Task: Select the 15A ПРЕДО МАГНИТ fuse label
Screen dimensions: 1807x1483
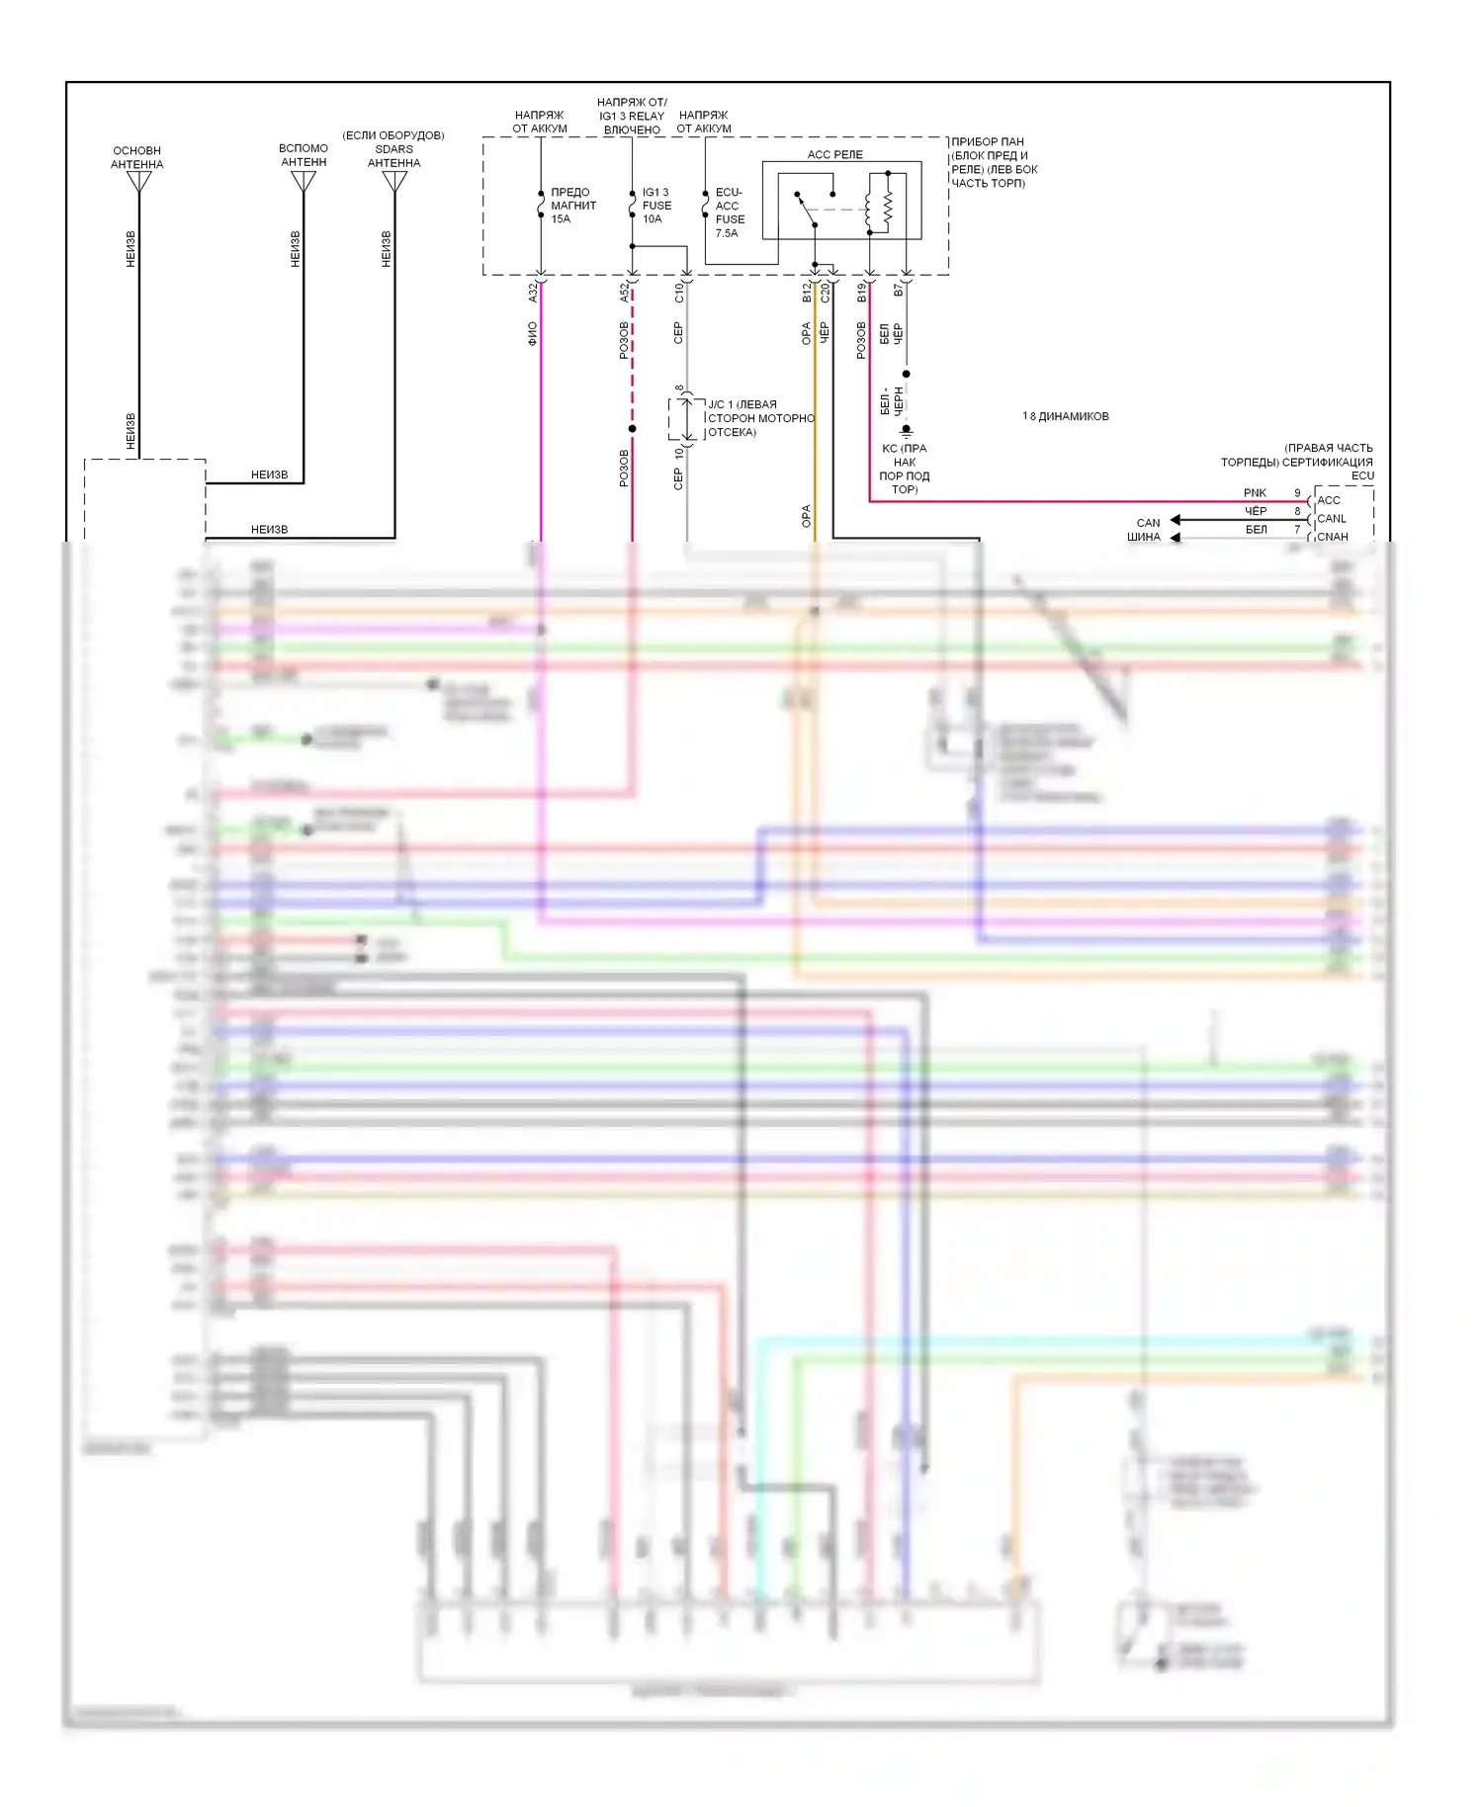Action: [572, 206]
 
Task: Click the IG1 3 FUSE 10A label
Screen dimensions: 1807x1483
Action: [656, 206]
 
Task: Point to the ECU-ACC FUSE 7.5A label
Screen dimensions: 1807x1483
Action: [730, 213]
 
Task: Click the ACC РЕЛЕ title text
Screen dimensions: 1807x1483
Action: [834, 154]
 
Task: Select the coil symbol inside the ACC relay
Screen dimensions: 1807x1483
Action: [869, 208]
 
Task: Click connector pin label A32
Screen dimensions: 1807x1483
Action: [532, 292]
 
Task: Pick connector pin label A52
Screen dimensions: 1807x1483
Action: [624, 292]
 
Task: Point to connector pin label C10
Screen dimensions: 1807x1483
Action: [678, 292]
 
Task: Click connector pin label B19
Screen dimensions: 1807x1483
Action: [861, 292]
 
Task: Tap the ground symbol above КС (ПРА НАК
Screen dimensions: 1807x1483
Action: [906, 431]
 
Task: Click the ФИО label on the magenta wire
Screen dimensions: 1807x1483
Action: [532, 333]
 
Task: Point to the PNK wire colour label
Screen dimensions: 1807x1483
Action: [1255, 492]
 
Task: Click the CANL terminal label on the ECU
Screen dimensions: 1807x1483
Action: [1332, 518]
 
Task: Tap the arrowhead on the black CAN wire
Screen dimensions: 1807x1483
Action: [1176, 520]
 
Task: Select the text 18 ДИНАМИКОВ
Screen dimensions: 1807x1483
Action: [1065, 416]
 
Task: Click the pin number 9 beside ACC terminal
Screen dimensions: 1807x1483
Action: [1297, 492]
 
